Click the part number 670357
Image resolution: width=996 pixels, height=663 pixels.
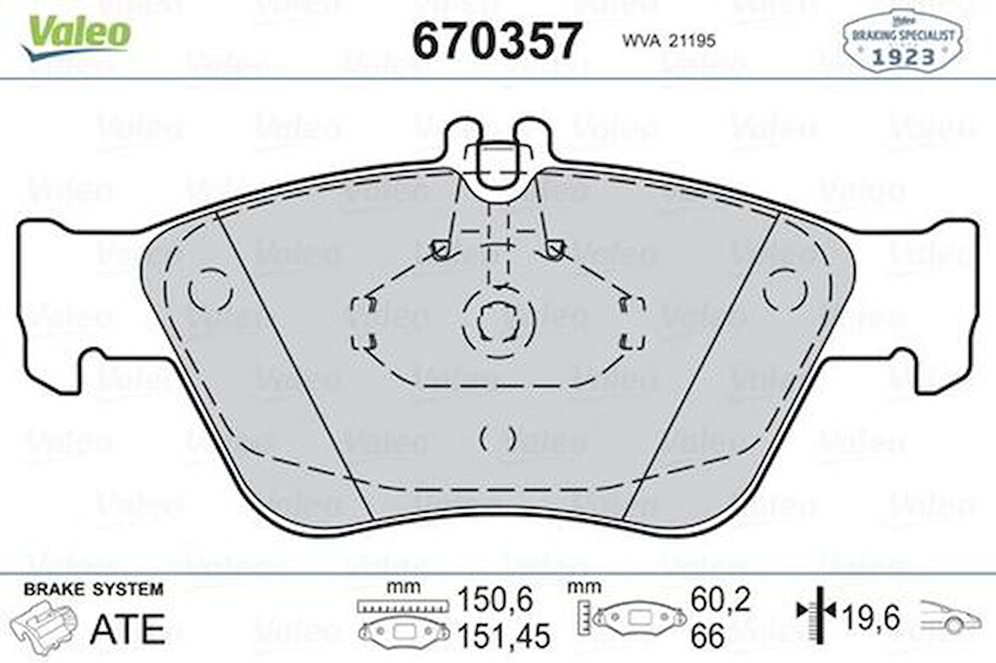(x=496, y=40)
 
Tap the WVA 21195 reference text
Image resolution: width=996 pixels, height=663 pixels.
(x=669, y=40)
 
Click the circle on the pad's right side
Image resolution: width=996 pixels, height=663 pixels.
(x=785, y=289)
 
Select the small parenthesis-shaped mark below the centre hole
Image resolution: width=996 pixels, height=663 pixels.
(x=498, y=439)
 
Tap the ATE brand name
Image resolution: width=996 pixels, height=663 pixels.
(x=127, y=628)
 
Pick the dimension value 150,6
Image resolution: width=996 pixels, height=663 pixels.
(x=495, y=601)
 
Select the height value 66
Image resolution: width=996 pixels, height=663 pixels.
(x=707, y=636)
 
